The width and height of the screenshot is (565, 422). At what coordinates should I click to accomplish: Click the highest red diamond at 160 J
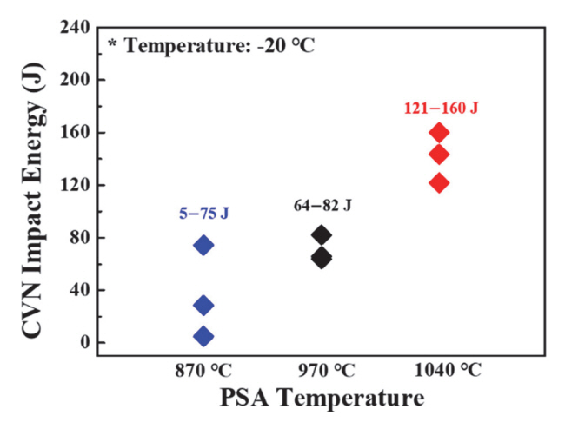point(439,133)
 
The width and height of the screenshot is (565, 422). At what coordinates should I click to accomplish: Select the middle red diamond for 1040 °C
point(439,155)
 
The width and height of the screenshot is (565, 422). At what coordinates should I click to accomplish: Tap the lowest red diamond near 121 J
point(439,183)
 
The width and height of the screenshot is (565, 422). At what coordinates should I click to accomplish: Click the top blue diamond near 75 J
point(203,245)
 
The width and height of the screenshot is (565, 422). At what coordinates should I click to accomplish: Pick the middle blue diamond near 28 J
point(203,305)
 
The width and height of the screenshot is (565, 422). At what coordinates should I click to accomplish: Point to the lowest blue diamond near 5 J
point(203,336)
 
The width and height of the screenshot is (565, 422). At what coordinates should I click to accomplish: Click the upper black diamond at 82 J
point(322,235)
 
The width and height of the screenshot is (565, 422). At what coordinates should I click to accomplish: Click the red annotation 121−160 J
point(442,109)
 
